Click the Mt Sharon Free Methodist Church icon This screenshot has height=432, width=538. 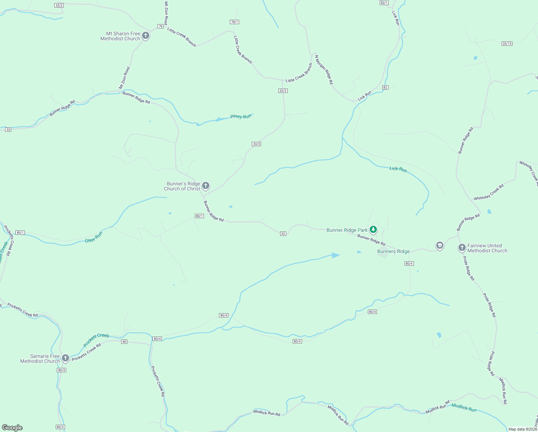point(146,36)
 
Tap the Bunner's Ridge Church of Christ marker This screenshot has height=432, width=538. point(206,186)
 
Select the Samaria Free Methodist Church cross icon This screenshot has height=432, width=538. point(65,358)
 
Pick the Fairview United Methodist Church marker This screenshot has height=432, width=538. point(462,248)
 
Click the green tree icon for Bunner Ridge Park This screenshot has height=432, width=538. point(373,229)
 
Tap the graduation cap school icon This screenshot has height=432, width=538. point(439,246)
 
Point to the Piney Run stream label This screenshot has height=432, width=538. point(241,117)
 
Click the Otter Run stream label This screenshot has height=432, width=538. point(94,237)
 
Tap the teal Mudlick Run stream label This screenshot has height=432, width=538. point(464,407)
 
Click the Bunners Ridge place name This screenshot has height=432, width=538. point(393,252)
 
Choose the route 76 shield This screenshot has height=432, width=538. point(160,26)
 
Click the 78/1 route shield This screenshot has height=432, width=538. point(234,22)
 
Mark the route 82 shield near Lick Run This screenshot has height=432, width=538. point(385,87)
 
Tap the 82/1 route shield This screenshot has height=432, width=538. point(384,3)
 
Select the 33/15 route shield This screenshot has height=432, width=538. point(507,44)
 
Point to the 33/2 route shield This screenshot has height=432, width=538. point(59,5)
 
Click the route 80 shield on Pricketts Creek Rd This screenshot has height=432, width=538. point(124,342)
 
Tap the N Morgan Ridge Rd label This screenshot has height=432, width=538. point(324,70)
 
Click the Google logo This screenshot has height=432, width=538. point(12,428)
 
